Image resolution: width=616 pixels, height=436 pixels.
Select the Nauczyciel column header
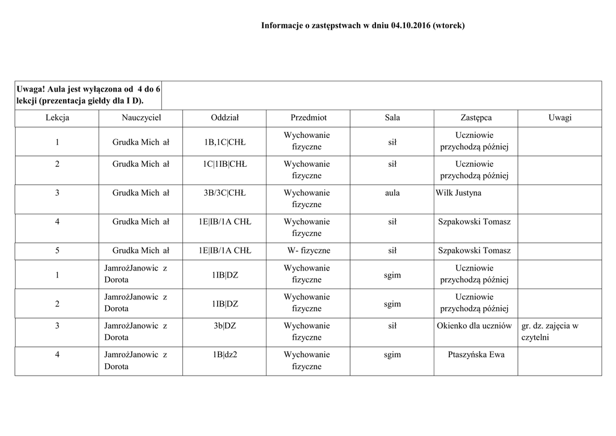click(141, 118)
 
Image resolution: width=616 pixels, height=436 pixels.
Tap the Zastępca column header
click(475, 118)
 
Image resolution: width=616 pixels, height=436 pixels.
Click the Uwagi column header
click(559, 118)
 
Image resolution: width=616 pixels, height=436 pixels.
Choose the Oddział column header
click(225, 118)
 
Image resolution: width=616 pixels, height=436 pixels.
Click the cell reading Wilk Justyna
click(458, 193)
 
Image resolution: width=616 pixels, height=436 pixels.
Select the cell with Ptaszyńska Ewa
click(476, 355)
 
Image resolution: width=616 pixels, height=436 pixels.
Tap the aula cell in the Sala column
click(392, 193)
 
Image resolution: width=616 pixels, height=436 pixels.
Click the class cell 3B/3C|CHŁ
click(225, 193)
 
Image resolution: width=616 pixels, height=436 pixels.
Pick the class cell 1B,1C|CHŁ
click(225, 142)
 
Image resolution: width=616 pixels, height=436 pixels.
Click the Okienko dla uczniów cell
click(475, 326)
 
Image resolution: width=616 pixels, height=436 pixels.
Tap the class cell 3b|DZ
click(225, 326)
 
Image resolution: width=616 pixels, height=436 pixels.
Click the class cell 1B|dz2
click(225, 355)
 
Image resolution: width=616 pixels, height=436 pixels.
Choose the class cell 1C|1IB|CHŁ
click(225, 164)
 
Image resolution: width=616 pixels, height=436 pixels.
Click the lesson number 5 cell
click(57, 251)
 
